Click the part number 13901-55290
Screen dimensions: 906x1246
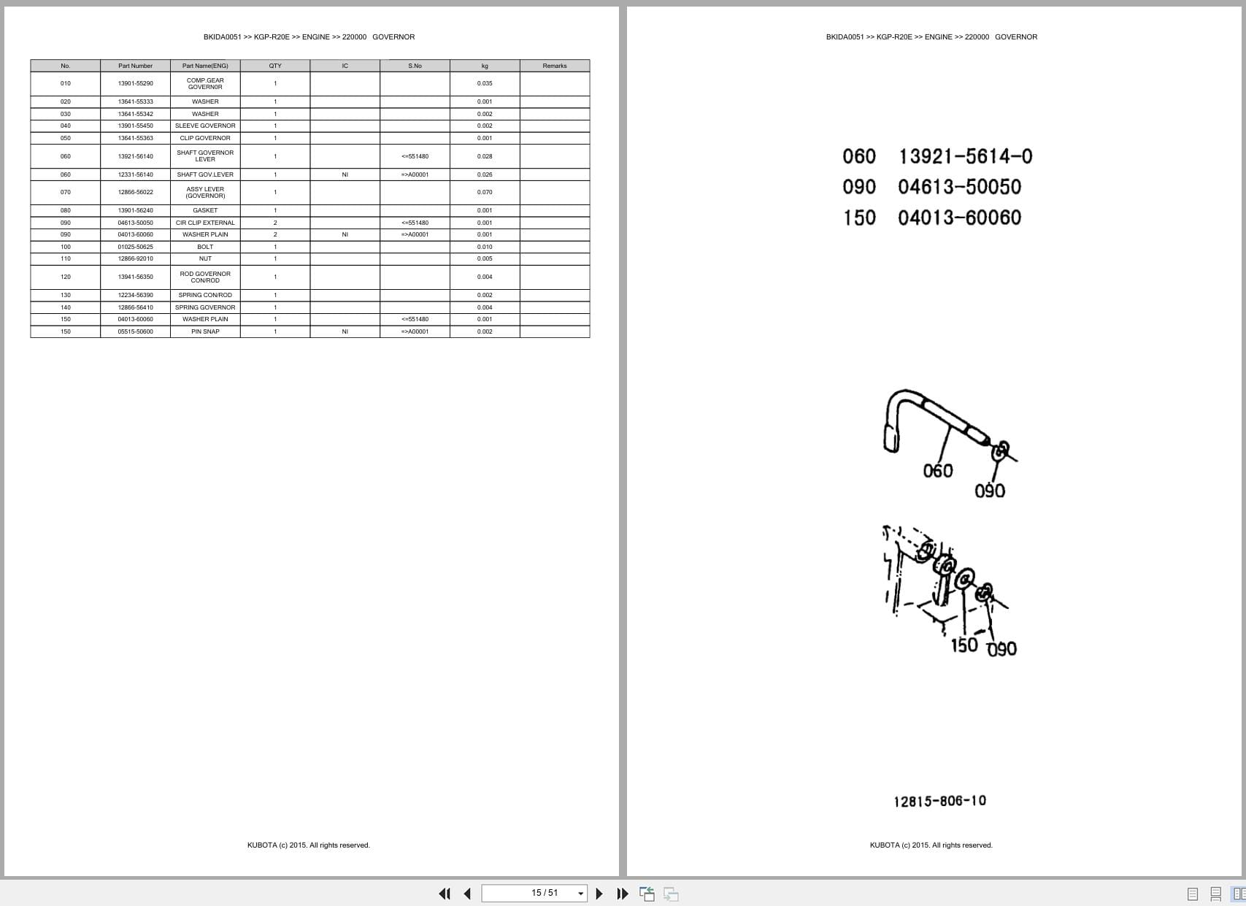click(x=136, y=83)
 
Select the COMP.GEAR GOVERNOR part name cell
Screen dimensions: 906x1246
click(x=205, y=83)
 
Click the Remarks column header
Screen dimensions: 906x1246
click(x=555, y=66)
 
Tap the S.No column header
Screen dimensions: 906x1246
click(x=415, y=66)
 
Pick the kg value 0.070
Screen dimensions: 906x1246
click(x=485, y=192)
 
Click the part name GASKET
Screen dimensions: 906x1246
click(x=205, y=210)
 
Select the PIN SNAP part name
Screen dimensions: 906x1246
click(x=205, y=331)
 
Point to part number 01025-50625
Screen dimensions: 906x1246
click(x=136, y=247)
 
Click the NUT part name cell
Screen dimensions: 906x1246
click(x=205, y=258)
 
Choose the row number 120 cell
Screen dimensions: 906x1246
click(x=66, y=277)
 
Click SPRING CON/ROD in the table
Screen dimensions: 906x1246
click(x=205, y=295)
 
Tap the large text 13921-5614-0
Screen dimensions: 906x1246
click(x=965, y=156)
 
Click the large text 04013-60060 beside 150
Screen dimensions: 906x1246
click(x=959, y=218)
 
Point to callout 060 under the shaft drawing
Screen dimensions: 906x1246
click(x=938, y=471)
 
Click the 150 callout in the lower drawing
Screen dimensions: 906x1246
click(x=964, y=645)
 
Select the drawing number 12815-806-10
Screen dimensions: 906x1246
click(x=939, y=801)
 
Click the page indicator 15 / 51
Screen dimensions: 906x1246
click(x=545, y=893)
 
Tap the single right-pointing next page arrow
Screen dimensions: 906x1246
click(x=599, y=894)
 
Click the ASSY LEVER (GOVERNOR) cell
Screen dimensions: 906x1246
click(x=205, y=192)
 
